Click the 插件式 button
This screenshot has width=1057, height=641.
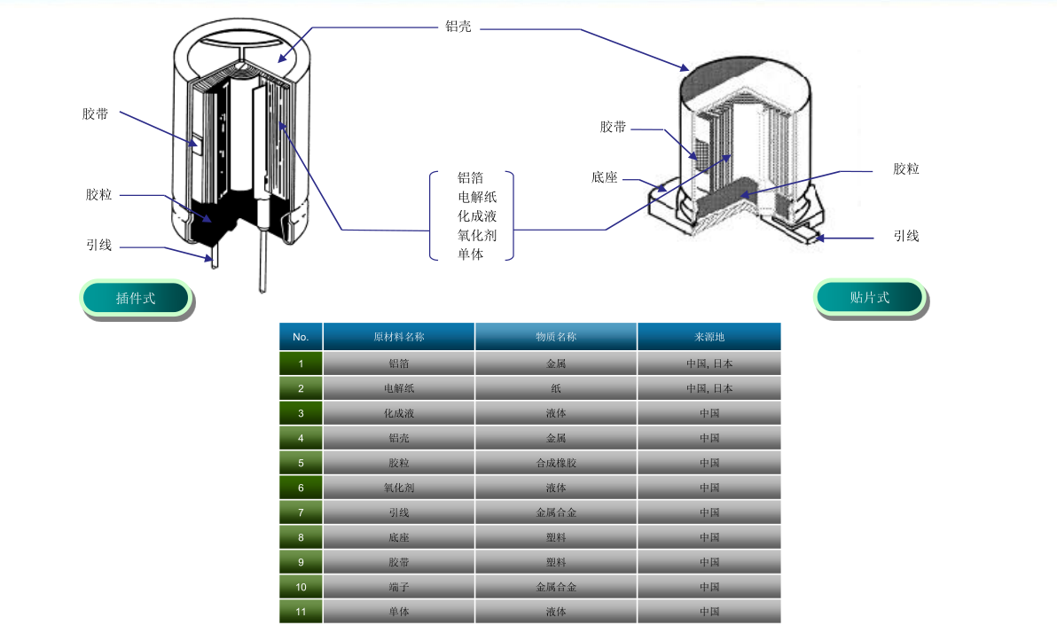137,298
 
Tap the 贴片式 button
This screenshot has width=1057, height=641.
870,297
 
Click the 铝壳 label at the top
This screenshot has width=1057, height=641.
458,27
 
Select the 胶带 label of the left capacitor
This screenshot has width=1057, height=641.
95,113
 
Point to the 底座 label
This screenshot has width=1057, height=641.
604,177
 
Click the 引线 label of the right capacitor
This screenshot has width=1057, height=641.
906,236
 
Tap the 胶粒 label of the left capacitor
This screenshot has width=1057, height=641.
98,195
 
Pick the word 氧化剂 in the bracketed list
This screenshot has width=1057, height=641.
476,235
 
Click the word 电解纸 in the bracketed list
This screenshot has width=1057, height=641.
476,197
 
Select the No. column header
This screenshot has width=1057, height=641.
301,336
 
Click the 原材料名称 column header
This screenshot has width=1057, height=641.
399,336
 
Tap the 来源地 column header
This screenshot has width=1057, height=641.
709,336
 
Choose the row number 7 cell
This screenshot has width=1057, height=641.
301,512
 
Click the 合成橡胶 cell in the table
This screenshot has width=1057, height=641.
556,463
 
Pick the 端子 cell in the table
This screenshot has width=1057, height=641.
399,587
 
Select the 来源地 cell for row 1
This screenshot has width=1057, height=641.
709,363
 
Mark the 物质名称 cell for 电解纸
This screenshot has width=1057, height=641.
556,388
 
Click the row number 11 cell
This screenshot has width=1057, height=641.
301,612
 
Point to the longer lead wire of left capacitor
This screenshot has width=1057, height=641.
262,257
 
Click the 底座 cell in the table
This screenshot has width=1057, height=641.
399,537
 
